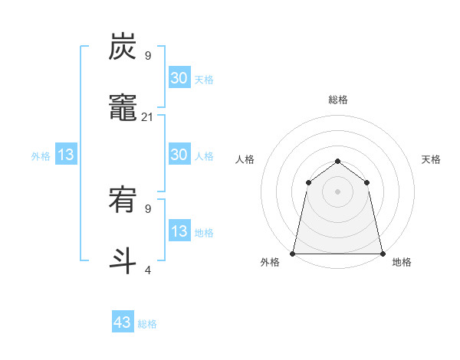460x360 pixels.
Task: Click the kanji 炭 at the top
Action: (x=123, y=47)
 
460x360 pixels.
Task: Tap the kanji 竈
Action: (x=123, y=108)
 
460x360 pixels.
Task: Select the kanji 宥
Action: (x=123, y=201)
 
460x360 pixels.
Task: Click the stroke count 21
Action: (x=148, y=116)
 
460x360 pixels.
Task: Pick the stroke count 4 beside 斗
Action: (x=148, y=270)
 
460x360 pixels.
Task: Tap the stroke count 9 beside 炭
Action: (x=148, y=56)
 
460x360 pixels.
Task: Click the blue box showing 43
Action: (x=123, y=322)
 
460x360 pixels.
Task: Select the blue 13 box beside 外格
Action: (x=66, y=155)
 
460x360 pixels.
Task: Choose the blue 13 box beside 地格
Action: (x=179, y=231)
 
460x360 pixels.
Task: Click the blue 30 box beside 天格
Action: (x=179, y=78)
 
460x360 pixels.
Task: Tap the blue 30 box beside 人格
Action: (x=179, y=155)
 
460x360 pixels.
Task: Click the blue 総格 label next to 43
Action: (x=148, y=324)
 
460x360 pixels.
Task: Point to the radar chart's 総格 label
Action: (x=338, y=100)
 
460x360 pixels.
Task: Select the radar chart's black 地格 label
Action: (x=402, y=262)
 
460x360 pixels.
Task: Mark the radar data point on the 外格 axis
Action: (x=293, y=253)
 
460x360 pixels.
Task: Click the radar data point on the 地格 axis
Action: (x=383, y=253)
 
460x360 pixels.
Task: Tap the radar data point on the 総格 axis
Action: (x=338, y=161)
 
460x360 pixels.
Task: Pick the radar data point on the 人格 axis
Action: (x=309, y=182)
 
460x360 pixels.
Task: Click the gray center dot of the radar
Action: (x=338, y=191)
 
